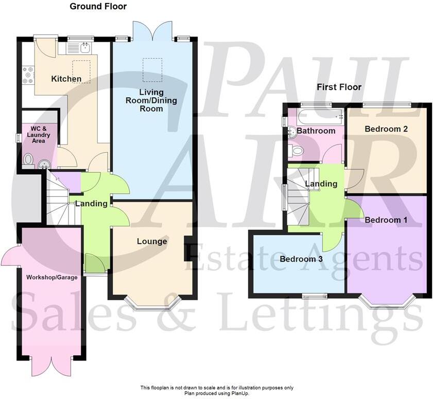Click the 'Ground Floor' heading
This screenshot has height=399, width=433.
98,7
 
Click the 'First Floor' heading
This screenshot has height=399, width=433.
339,87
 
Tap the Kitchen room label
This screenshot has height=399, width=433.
66,79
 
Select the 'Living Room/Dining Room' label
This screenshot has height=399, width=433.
151,100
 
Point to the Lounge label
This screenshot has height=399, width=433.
152,241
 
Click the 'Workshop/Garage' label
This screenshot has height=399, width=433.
51,278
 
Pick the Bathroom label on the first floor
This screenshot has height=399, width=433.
316,131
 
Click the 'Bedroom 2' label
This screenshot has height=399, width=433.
386,129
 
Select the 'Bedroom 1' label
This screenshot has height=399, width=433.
386,220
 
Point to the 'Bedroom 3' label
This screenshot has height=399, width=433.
301,259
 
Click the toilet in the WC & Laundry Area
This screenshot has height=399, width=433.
28,160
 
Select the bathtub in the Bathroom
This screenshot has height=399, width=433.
318,116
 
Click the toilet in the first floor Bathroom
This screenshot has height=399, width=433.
296,151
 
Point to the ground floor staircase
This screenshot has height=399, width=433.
58,201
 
